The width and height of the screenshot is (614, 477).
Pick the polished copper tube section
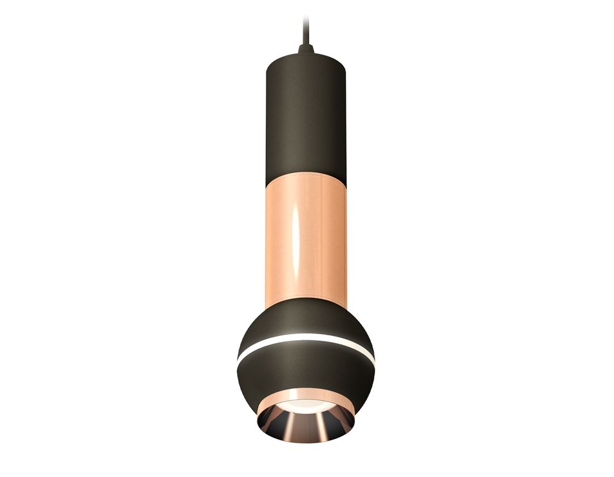point(319,239)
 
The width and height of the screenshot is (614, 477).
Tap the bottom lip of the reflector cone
point(305,440)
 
